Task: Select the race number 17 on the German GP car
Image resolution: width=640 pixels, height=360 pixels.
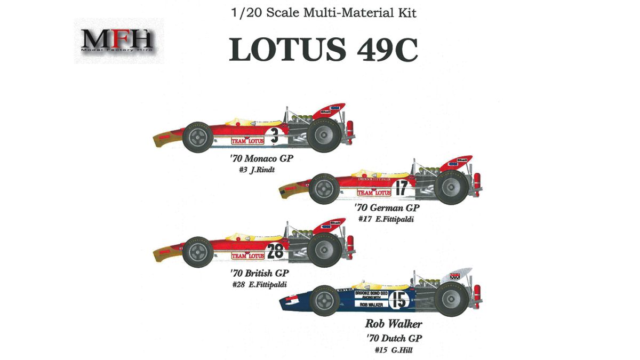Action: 402,187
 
